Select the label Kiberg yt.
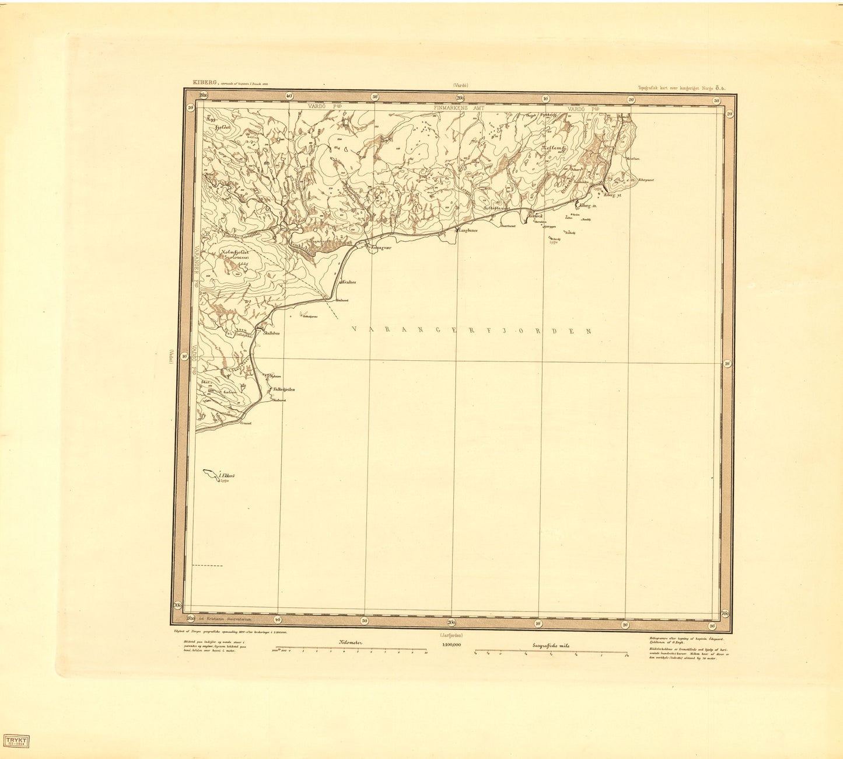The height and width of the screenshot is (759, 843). tap(614, 194)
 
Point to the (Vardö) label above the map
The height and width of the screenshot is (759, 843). tap(460, 85)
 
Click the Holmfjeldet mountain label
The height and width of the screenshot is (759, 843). tap(235, 253)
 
